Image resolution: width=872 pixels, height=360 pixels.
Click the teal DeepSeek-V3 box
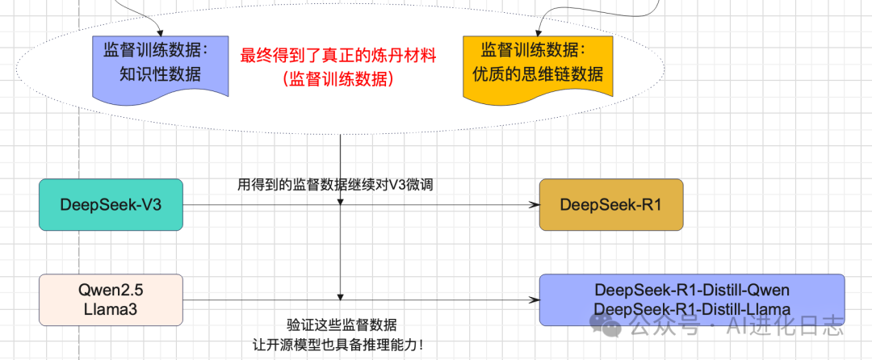111,205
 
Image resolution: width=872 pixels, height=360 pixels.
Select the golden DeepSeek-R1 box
610,205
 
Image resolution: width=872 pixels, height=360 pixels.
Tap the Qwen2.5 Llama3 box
111,300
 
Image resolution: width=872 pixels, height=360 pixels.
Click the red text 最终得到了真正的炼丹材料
338,57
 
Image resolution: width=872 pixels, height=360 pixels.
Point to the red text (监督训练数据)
338,79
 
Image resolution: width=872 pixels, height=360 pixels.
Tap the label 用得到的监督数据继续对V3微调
337,185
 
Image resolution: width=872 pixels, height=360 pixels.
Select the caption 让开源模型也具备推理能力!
337,345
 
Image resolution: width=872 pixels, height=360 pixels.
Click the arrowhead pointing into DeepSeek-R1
535,205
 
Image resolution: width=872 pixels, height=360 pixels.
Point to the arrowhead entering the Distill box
535,300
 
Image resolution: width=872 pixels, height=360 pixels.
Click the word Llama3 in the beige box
111,310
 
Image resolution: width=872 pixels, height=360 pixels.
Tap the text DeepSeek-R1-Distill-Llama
691,309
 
